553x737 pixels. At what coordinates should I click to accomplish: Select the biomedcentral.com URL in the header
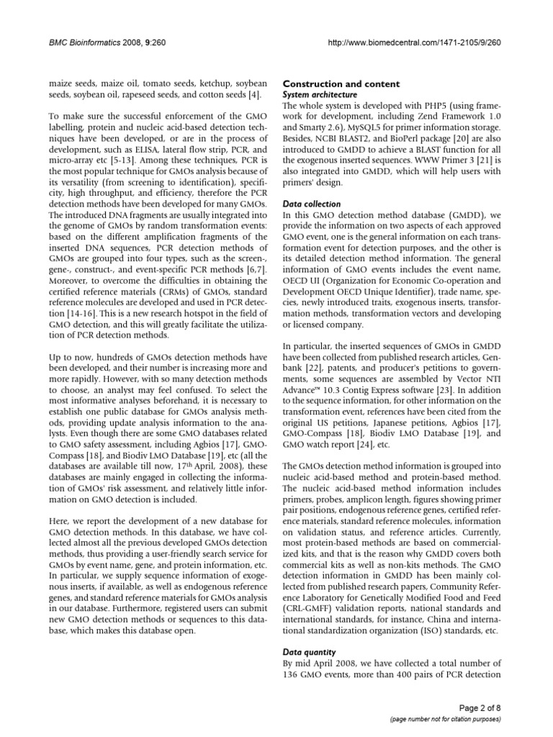tap(413, 42)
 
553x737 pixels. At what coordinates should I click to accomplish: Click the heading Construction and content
tap(336, 83)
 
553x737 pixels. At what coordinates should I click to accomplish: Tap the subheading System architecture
tap(318, 94)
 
